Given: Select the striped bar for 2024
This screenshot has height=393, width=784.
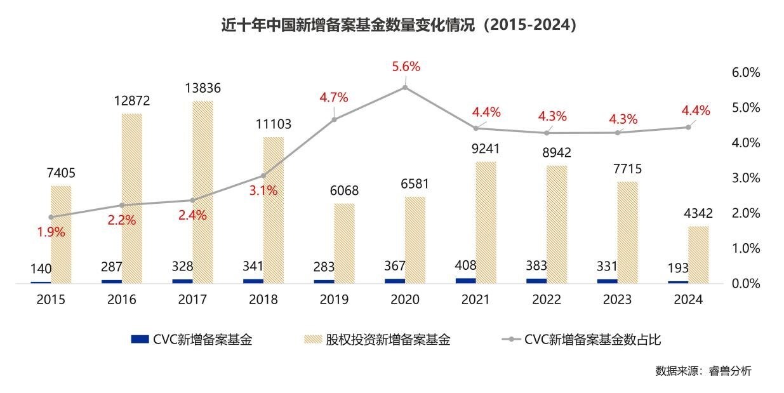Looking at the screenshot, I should coord(698,255).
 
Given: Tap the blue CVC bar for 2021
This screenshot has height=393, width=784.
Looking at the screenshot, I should coord(465,280).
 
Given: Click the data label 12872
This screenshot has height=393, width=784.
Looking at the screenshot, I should coord(131,101).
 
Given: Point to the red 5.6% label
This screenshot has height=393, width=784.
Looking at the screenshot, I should coord(406,67).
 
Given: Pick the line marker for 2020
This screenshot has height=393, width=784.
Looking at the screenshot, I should coord(405,88).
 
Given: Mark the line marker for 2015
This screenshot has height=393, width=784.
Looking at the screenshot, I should coord(51,217).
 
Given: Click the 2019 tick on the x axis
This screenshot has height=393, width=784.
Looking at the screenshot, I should coord(335,300).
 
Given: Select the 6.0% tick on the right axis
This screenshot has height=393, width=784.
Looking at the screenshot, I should coord(746,72).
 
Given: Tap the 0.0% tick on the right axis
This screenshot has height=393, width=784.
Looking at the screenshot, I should coord(746,283).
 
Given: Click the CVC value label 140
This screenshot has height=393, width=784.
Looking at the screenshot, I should coord(41,269).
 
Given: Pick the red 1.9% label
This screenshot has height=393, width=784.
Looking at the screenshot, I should coord(51,232).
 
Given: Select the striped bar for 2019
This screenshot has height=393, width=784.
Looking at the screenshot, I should coord(345,243).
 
